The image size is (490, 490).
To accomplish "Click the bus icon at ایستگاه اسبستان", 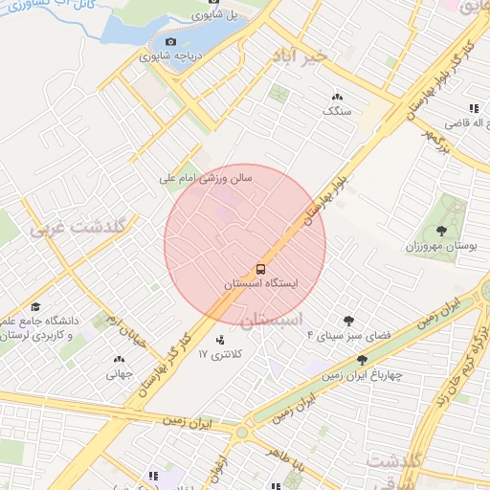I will [261, 269].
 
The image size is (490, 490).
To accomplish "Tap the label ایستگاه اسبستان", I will [261, 285].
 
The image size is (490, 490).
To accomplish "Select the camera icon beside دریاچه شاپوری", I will [170, 42].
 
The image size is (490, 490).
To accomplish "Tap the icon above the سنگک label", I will [337, 97].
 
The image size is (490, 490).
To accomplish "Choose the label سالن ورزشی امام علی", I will [205, 178].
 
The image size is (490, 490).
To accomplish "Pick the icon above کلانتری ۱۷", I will [221, 339].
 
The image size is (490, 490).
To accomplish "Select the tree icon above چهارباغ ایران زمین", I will [362, 359].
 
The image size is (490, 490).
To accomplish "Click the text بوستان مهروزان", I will [441, 246].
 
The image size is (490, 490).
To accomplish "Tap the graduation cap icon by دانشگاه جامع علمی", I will [36, 307].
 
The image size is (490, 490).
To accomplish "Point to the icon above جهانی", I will [119, 360].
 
